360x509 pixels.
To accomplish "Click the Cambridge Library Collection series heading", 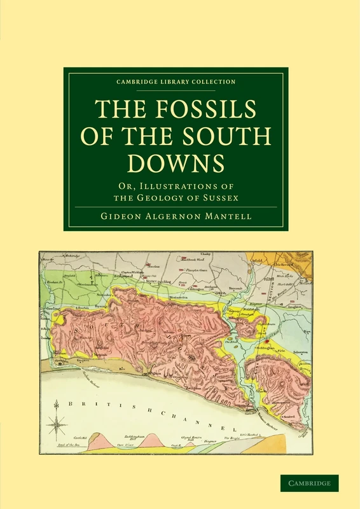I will point(176,81).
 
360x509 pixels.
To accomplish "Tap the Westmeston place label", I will point(179,297).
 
